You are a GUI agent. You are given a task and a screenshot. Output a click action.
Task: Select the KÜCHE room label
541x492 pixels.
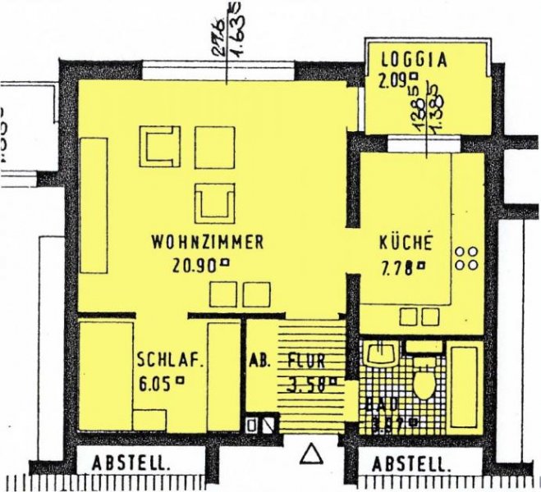click(x=405, y=244)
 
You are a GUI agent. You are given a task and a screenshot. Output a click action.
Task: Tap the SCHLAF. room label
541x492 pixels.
click(x=169, y=360)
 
